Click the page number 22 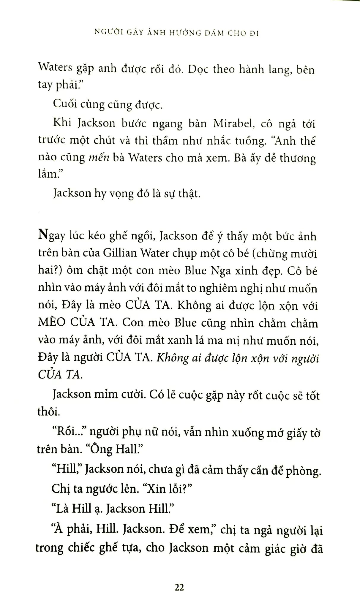(179, 587)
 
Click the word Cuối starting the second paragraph (64, 104)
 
